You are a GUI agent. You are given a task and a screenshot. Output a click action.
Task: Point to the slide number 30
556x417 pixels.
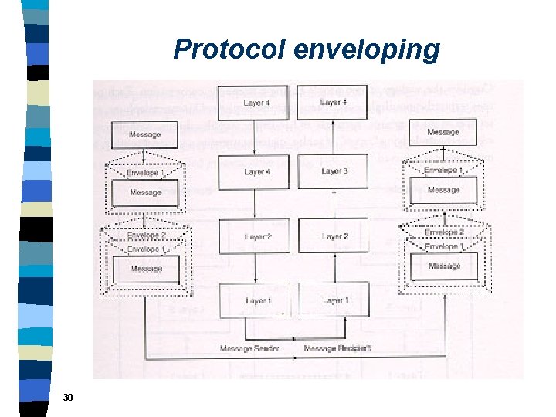click(68, 397)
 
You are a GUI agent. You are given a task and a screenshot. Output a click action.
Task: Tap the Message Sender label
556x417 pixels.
click(249, 348)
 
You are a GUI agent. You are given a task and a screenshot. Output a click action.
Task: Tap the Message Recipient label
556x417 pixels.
click(337, 348)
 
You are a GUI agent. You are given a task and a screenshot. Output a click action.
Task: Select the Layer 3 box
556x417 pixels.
click(334, 171)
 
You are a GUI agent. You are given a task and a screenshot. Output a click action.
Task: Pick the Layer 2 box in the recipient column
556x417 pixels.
click(334, 236)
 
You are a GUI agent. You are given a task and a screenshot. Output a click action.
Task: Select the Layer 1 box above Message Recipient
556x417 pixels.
click(334, 300)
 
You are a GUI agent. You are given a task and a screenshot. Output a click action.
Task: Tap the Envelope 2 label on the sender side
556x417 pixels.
click(146, 234)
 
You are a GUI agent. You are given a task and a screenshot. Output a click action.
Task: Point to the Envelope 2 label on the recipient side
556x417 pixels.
click(444, 232)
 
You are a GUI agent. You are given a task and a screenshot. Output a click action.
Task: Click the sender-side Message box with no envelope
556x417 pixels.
click(145, 135)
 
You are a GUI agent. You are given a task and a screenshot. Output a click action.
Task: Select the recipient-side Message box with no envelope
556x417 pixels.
click(443, 132)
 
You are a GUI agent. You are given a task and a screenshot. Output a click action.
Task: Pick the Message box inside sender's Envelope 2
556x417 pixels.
click(146, 269)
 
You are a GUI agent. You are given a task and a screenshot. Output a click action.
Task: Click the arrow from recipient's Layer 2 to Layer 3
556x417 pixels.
click(334, 204)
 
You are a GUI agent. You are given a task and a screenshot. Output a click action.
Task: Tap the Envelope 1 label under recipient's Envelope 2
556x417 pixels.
click(444, 246)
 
